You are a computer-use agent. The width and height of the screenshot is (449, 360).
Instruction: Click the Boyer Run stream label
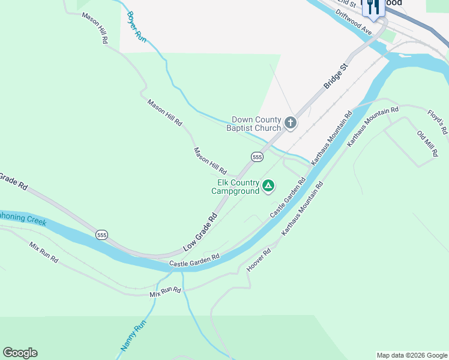pos(136,25)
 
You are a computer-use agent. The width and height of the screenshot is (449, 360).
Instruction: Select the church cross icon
pos(291,124)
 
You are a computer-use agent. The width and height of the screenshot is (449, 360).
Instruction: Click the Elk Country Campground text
pos(235,187)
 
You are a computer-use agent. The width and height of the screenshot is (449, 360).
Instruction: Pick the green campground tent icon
pos(268,186)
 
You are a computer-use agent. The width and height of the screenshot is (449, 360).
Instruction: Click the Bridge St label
pos(336,76)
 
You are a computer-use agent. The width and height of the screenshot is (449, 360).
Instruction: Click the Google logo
pos(20,353)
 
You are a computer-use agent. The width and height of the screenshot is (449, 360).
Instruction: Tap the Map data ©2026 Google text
pos(412,355)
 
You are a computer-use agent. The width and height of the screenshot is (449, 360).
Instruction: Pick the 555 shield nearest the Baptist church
pos(257,157)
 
